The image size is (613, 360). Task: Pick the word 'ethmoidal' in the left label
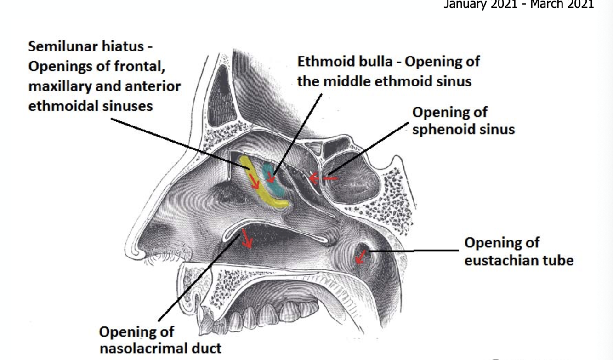[64, 106]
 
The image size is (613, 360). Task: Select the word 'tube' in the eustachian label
[557, 260]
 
